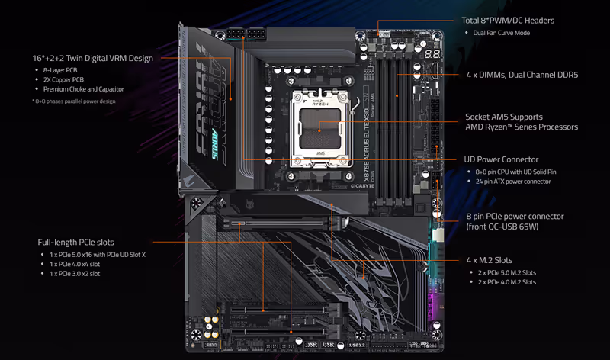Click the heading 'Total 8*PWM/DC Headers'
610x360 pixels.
508,21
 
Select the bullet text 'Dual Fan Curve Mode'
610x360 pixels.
502,33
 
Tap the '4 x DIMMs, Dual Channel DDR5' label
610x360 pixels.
522,75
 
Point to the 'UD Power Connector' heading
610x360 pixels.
501,159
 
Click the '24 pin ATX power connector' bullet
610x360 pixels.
513,182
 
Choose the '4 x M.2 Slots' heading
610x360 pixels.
490,260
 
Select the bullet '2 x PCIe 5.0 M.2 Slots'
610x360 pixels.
507,273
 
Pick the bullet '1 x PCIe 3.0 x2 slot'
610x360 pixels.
75,274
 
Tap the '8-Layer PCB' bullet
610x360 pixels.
60,70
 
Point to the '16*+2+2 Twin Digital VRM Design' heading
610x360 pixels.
92,59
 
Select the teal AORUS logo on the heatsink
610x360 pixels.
214,143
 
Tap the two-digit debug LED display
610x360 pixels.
432,54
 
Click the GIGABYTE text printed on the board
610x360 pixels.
362,186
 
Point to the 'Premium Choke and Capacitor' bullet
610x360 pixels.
84,89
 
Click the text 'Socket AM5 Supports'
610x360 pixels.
504,117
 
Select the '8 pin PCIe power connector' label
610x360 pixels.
515,217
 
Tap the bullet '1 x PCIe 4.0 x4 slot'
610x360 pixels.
75,264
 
